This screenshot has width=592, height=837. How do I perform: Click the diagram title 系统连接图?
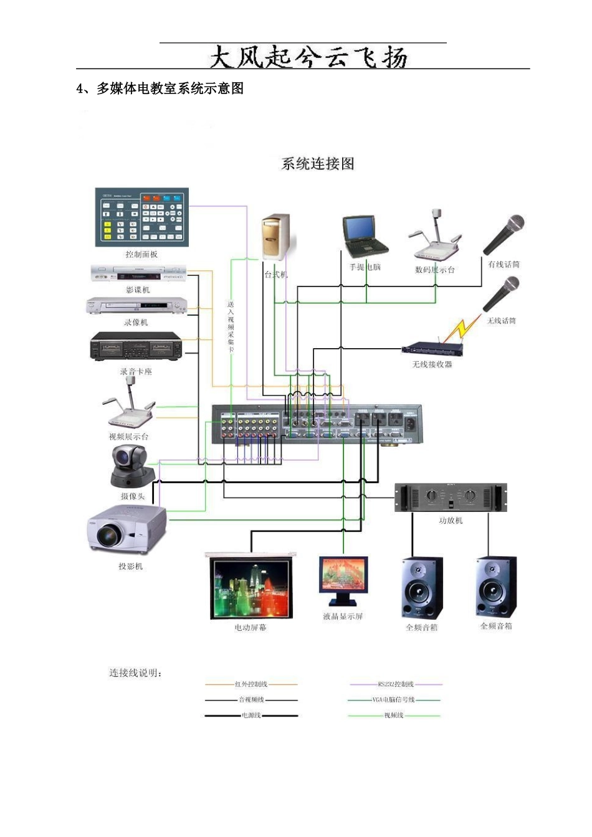318,164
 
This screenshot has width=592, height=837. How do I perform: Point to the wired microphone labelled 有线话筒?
504,234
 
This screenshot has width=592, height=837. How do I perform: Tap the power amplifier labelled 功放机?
451,498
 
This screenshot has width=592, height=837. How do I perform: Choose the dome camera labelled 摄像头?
131,467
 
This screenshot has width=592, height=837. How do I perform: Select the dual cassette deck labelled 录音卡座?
136,347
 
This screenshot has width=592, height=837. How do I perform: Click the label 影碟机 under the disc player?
138,290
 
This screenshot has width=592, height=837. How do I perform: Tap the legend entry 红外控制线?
251,684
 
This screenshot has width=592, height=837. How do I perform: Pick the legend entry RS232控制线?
396,684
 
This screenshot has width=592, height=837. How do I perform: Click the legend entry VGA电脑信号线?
393,700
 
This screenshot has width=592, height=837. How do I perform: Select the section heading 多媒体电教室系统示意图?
169,88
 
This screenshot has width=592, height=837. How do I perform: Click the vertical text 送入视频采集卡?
231,327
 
